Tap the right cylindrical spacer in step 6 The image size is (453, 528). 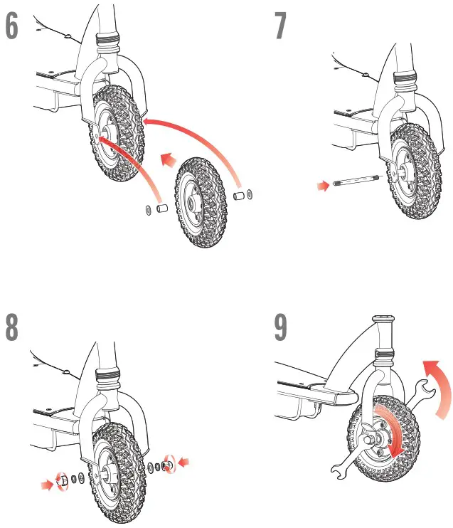(240, 194)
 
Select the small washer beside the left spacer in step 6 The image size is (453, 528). (146, 209)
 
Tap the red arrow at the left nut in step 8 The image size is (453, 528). (46, 485)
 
